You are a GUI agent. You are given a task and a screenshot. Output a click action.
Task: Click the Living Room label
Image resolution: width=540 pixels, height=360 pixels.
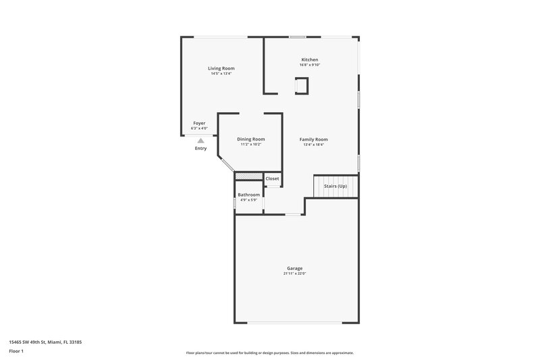point(221,68)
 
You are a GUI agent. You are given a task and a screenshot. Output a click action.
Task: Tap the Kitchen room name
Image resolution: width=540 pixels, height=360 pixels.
point(310,60)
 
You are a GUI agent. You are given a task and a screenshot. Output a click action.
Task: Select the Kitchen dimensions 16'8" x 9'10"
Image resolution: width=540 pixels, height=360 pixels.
point(310,65)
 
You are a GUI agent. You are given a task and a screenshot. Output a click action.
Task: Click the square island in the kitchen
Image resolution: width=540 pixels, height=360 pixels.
point(302,86)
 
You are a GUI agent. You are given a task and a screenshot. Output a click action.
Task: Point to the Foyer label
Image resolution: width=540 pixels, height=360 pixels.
point(199,123)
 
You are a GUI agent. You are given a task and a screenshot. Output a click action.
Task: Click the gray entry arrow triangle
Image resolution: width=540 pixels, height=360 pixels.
point(200,140)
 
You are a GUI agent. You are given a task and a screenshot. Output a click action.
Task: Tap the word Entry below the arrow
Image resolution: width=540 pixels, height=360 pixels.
point(200,149)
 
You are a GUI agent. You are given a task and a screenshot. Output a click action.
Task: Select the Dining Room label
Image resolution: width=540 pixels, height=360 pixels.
point(250,139)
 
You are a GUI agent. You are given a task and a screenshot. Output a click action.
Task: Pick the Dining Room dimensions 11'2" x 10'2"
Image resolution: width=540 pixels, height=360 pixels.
point(250,145)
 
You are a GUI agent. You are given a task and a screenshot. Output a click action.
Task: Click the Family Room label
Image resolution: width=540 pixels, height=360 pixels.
point(314,139)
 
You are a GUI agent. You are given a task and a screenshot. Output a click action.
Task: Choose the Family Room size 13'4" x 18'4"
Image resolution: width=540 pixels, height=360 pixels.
point(314,145)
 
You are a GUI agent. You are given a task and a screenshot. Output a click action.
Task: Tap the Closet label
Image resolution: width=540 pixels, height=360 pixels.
point(272,178)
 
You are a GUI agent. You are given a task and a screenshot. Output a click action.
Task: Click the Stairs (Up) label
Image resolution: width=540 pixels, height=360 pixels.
point(335,186)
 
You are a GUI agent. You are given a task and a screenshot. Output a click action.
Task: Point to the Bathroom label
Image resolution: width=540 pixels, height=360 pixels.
point(248,195)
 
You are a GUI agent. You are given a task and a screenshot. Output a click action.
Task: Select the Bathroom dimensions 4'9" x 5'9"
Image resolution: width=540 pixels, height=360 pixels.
point(248,200)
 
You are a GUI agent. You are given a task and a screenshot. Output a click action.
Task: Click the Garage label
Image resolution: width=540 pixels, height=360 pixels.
point(296,268)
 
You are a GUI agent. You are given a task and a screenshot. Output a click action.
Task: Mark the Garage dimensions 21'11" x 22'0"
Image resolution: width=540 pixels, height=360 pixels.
point(296,274)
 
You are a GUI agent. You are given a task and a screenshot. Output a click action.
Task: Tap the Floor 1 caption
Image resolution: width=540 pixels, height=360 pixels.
point(17,352)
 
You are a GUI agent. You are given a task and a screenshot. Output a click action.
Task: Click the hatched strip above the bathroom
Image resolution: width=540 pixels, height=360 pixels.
point(248,177)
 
